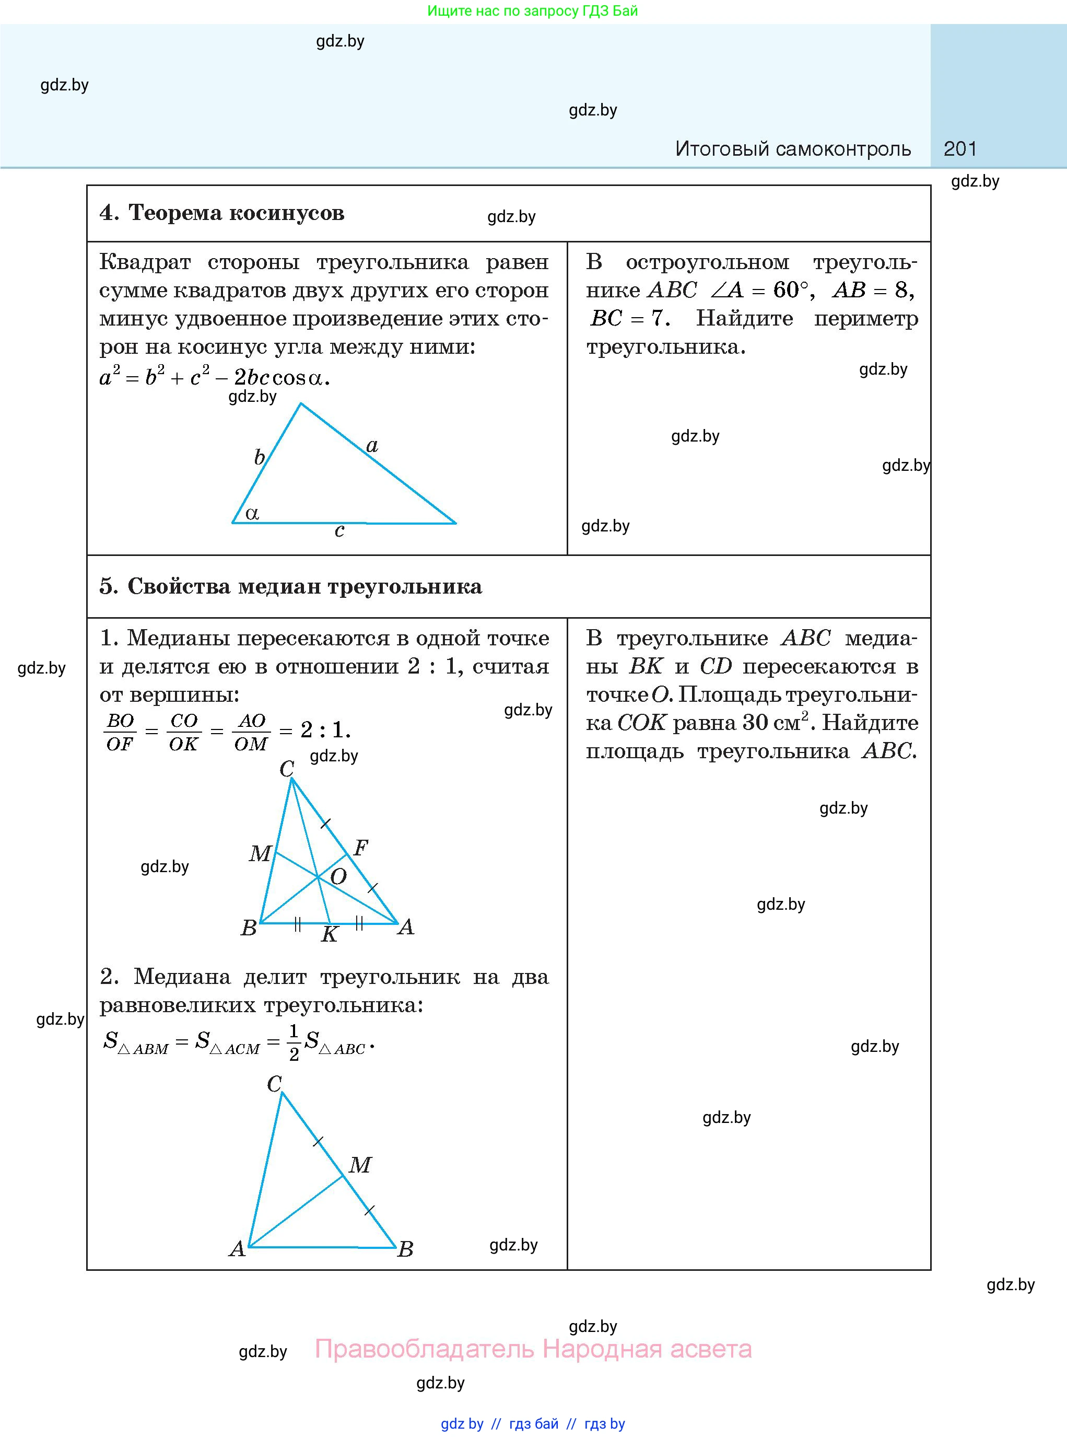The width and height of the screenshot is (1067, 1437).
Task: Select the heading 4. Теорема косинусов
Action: click(x=221, y=213)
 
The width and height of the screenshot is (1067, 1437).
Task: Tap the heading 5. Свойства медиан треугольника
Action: click(x=291, y=586)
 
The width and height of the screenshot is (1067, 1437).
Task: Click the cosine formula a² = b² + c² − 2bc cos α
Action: click(x=215, y=377)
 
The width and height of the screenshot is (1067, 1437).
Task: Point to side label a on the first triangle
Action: click(x=372, y=445)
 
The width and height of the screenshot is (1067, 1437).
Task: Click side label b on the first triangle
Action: click(x=259, y=457)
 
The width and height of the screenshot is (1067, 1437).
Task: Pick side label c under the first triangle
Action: click(x=339, y=530)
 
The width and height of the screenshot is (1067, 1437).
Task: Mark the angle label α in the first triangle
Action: click(x=252, y=513)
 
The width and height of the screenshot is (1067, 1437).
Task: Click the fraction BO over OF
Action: click(x=120, y=732)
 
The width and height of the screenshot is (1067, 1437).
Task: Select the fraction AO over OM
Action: click(x=251, y=732)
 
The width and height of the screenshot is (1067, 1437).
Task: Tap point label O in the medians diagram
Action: click(x=338, y=877)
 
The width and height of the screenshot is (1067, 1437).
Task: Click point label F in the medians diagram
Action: click(x=361, y=847)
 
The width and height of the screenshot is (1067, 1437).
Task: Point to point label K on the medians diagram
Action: click(x=330, y=934)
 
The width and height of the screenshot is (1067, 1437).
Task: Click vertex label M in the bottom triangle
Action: click(x=360, y=1164)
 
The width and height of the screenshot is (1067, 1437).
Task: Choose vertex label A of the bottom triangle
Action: click(x=237, y=1248)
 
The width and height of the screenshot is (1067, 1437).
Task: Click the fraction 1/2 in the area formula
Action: click(x=294, y=1042)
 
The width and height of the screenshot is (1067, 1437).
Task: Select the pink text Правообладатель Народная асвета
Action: click(x=533, y=1349)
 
